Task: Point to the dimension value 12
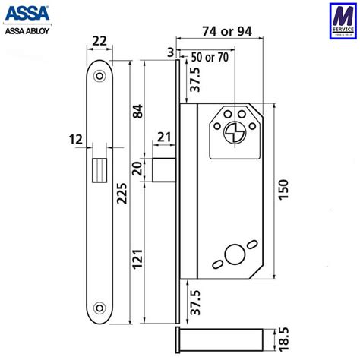coord(72,141)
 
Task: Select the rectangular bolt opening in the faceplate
coord(99,168)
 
